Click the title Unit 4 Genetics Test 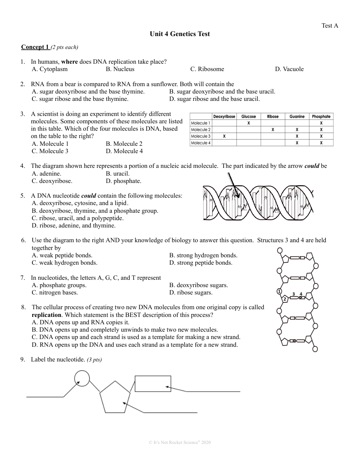click(179, 34)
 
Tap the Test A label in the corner click(329, 25)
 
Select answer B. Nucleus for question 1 click(120, 69)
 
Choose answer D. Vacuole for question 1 click(289, 69)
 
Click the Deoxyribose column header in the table click(224, 116)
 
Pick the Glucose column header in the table click(249, 116)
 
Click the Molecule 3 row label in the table click(201, 136)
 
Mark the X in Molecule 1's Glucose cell click(249, 123)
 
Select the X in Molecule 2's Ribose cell click(272, 130)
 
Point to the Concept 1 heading click(35, 47)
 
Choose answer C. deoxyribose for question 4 click(52, 181)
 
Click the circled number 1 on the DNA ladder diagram click(279, 292)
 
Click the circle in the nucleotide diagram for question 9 click(82, 378)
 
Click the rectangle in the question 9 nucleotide click(153, 384)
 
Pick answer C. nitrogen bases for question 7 click(54, 293)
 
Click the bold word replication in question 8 click(46, 315)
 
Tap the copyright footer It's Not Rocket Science click(179, 442)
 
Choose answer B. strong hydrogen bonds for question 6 click(203, 255)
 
